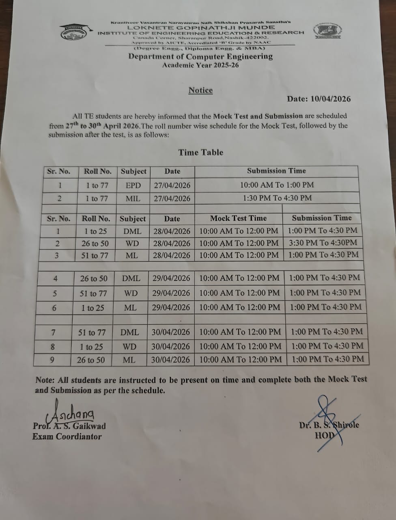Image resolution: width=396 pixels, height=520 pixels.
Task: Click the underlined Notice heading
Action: click(200, 90)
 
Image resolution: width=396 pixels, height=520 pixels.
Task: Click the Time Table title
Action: click(201, 152)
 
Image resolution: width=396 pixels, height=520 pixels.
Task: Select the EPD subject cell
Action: click(133, 185)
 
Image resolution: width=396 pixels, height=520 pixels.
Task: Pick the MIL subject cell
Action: click(133, 199)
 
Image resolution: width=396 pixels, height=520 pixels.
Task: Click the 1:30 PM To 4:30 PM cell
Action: click(277, 198)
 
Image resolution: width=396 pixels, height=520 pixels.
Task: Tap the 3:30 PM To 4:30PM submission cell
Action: click(323, 243)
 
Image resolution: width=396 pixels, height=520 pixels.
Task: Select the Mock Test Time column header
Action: click(239, 218)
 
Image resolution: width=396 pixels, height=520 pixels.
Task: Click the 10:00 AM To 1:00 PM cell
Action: click(277, 185)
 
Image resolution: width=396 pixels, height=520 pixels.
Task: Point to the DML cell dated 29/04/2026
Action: click(131, 278)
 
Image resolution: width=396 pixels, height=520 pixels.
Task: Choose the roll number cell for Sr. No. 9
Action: click(91, 360)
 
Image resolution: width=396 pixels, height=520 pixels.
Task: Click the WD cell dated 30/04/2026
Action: click(129, 347)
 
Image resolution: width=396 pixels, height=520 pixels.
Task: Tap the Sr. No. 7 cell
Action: click(53, 333)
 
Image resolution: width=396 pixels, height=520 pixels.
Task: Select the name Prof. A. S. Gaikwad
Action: click(69, 426)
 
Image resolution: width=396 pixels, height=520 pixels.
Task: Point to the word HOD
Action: click(325, 435)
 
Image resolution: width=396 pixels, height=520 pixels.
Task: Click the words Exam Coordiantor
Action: click(67, 437)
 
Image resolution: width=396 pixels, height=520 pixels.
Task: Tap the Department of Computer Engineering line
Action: click(200, 56)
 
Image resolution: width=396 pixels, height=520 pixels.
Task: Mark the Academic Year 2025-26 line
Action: click(200, 65)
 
